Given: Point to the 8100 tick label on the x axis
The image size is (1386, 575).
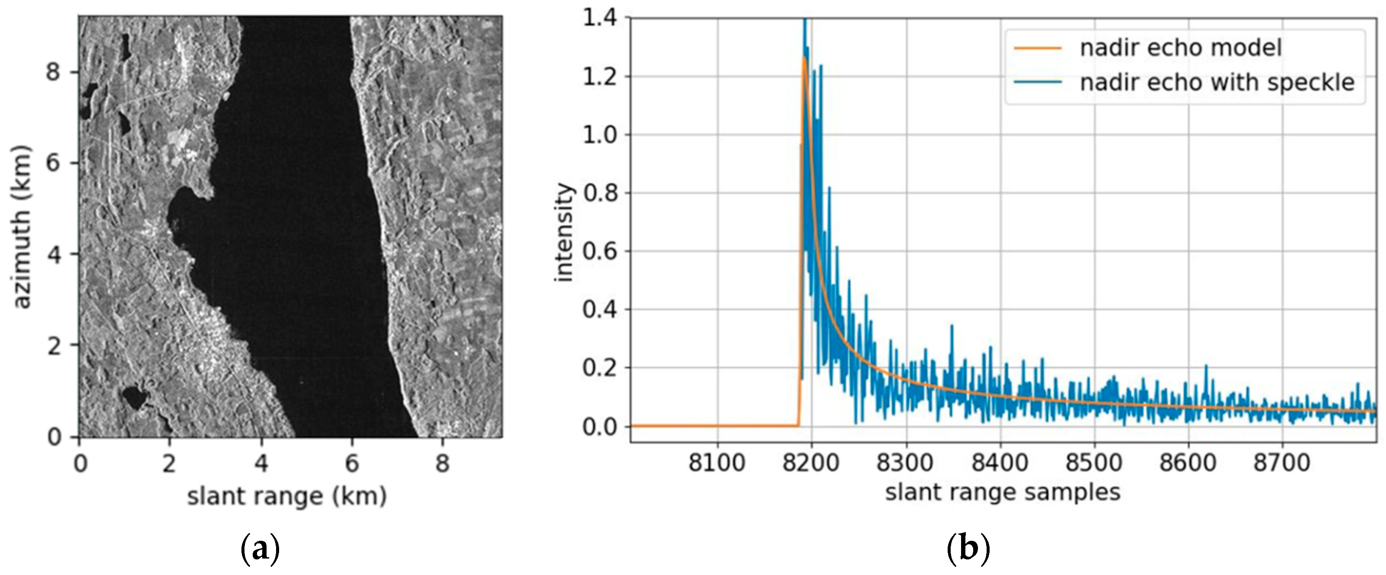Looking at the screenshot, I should coord(717,462).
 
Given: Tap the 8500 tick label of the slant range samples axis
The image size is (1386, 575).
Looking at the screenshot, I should coord(1094,462).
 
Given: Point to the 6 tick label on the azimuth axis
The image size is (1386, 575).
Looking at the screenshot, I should coord(53,163).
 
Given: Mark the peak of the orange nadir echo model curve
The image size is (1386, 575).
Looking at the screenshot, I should coord(804,57).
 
